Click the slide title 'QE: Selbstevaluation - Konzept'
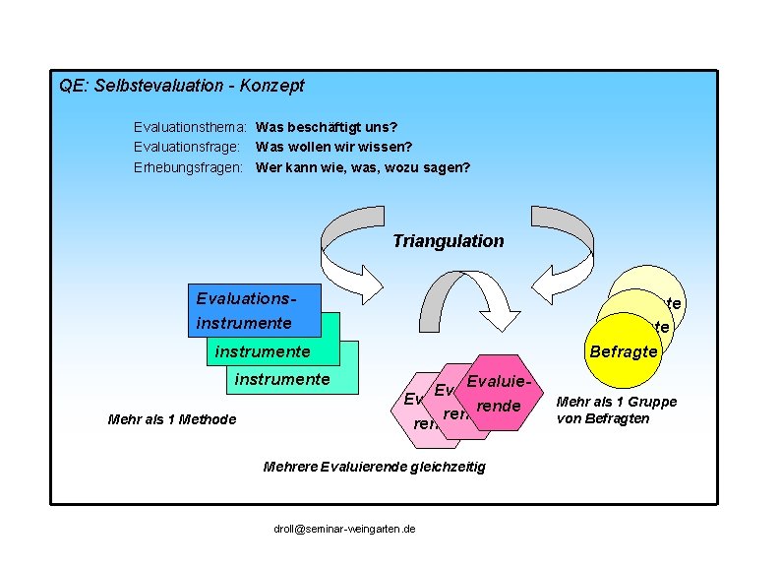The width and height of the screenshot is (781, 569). [182, 86]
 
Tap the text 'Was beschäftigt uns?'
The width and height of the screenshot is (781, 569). [327, 128]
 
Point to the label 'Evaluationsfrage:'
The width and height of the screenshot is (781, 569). [188, 148]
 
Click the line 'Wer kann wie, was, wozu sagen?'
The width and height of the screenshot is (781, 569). [362, 167]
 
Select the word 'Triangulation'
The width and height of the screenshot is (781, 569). [448, 241]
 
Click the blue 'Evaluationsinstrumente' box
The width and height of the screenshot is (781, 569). [251, 310]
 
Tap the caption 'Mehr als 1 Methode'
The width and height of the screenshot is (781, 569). [172, 420]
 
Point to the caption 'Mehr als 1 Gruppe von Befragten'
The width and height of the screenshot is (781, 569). [617, 410]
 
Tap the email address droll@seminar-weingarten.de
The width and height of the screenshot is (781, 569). [344, 529]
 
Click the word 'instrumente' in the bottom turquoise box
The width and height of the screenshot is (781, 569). [281, 379]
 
